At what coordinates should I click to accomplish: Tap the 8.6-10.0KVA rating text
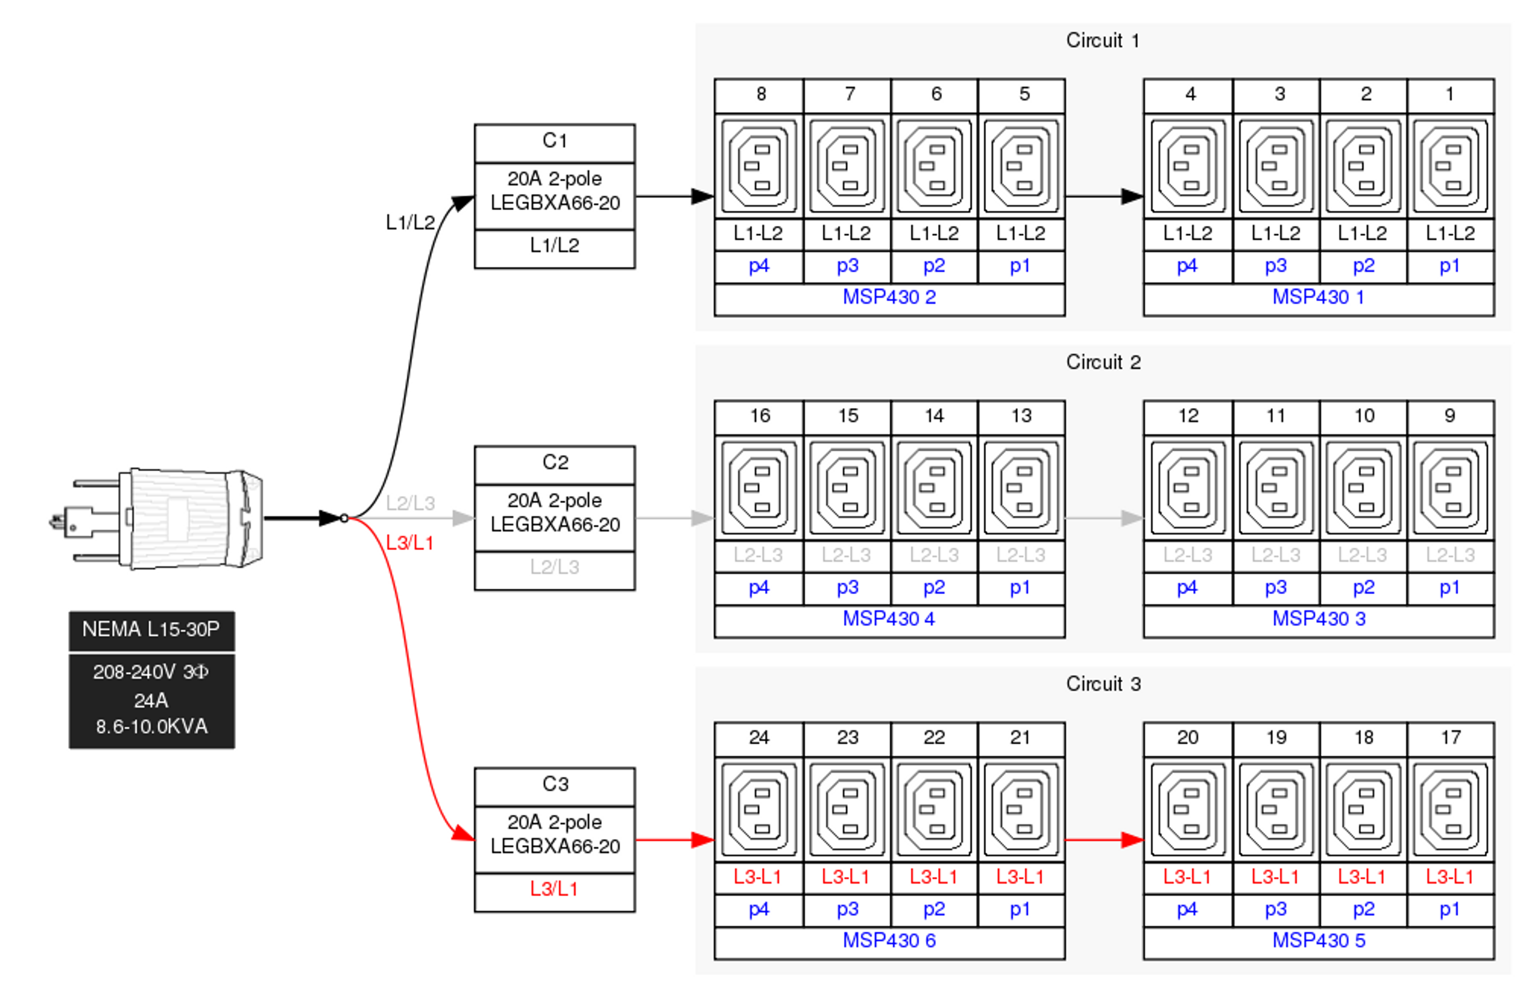click(152, 727)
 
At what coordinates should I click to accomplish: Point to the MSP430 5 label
click(1318, 941)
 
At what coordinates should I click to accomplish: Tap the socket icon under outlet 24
click(760, 809)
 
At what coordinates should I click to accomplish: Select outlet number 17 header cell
click(1451, 739)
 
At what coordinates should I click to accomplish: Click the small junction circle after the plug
click(345, 519)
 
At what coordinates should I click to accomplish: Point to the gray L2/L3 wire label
click(411, 503)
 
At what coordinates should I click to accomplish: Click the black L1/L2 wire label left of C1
click(411, 223)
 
